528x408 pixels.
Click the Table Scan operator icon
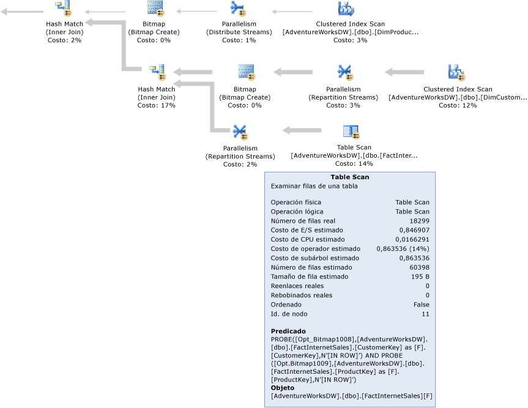coord(351,132)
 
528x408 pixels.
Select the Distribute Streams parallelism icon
coord(239,9)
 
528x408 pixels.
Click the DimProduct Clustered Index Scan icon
coord(346,9)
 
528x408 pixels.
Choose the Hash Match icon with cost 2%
coord(64,9)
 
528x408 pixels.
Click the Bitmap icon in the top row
coord(155,9)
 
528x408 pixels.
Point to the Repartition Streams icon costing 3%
coord(344,72)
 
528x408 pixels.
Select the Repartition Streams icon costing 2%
coord(239,132)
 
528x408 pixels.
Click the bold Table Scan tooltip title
coord(349,177)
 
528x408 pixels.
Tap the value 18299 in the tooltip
coord(418,221)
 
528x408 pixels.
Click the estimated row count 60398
coord(418,267)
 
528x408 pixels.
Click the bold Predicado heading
coord(288,331)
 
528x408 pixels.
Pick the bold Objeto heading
coord(283,388)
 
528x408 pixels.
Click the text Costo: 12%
coord(457,105)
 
